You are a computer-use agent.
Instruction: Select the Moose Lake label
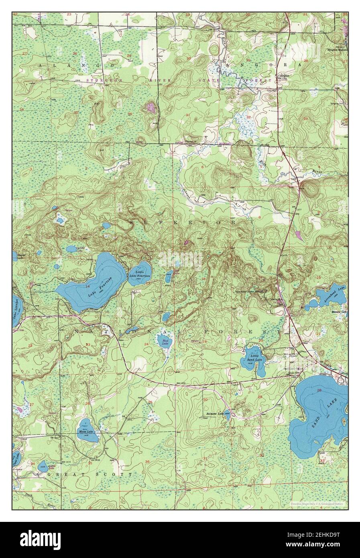pos(88,432)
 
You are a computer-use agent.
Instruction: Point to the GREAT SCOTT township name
pos(89,474)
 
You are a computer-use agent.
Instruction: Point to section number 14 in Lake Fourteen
pos(87,286)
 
